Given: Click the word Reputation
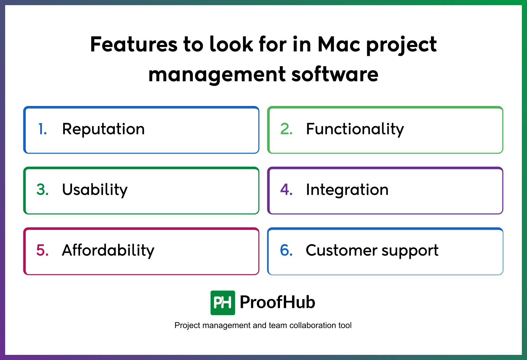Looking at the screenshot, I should pos(103,129).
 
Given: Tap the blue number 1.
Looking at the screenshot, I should pos(43,129).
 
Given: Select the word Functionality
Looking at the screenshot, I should pos(355,129).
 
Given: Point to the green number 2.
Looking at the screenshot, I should pos(286,129).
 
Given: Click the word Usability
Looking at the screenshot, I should pos(95,190).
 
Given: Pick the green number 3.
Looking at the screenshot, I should pos(43,190).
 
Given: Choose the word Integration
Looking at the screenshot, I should pos(347,190).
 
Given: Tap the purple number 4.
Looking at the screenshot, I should pos(286,190).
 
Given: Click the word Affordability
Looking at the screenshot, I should pos(108,251).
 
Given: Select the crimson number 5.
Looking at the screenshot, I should pos(43,251).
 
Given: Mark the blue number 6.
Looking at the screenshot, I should pos(286,251).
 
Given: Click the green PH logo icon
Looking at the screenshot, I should pos(223,303).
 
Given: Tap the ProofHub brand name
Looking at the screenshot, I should pos(277,302).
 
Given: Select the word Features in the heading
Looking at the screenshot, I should pos(134,45).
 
